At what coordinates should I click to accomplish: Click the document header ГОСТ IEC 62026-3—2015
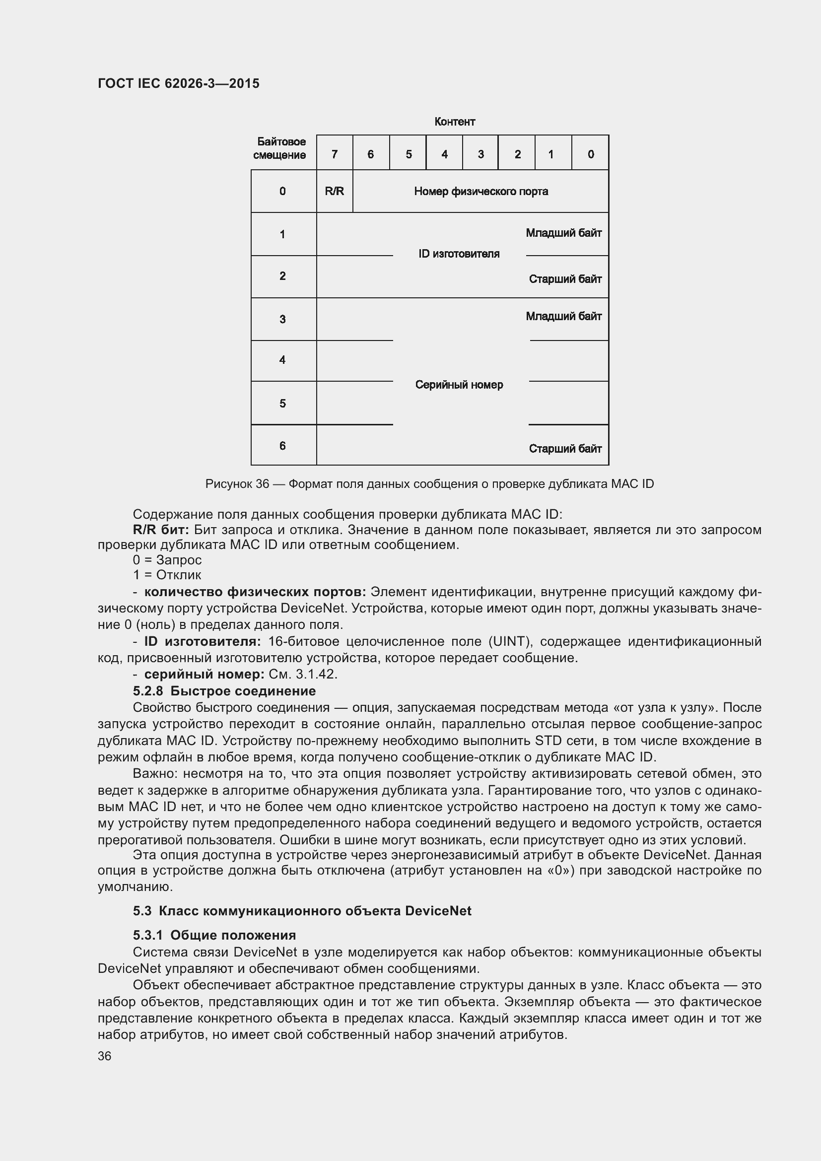point(179,83)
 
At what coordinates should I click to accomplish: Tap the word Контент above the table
point(455,122)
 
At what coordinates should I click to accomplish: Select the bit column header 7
point(334,154)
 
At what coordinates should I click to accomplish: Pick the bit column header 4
point(444,154)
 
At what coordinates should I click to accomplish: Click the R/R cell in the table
point(334,191)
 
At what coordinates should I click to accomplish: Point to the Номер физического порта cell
point(481,191)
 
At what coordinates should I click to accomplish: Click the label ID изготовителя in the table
point(459,254)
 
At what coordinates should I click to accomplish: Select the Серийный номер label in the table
point(459,385)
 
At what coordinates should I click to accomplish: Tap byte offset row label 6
point(282,445)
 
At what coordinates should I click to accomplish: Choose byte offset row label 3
point(282,319)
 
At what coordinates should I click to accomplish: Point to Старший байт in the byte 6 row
point(565,449)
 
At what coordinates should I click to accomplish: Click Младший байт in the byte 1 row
point(563,233)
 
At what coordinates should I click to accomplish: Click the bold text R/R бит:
point(161,530)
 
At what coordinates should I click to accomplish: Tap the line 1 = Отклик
point(167,575)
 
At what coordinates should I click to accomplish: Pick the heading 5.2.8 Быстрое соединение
point(224,691)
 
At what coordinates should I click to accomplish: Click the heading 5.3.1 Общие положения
point(214,935)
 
